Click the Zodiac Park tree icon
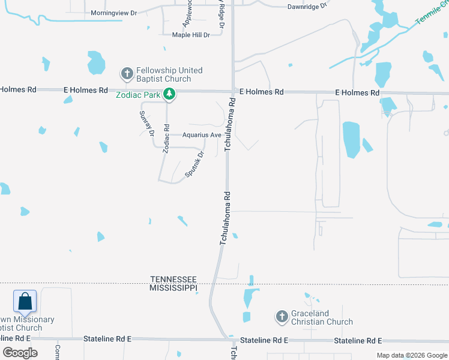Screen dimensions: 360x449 click(x=170, y=94)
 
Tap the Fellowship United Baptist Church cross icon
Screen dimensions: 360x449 click(x=127, y=74)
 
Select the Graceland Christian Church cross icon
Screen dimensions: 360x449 click(x=282, y=316)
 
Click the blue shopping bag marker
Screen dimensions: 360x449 click(x=25, y=301)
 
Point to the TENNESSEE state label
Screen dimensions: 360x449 click(x=173, y=280)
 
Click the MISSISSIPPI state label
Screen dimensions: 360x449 click(x=173, y=288)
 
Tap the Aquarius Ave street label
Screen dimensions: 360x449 click(x=202, y=135)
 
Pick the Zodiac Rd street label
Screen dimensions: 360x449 click(x=166, y=139)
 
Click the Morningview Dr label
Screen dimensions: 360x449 click(x=114, y=13)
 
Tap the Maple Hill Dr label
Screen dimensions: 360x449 click(x=191, y=35)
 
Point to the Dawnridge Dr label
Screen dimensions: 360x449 click(x=306, y=7)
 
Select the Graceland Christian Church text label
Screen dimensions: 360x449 click(x=322, y=317)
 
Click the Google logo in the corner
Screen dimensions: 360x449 click(x=20, y=353)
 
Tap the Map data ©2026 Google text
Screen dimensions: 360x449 click(x=411, y=355)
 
